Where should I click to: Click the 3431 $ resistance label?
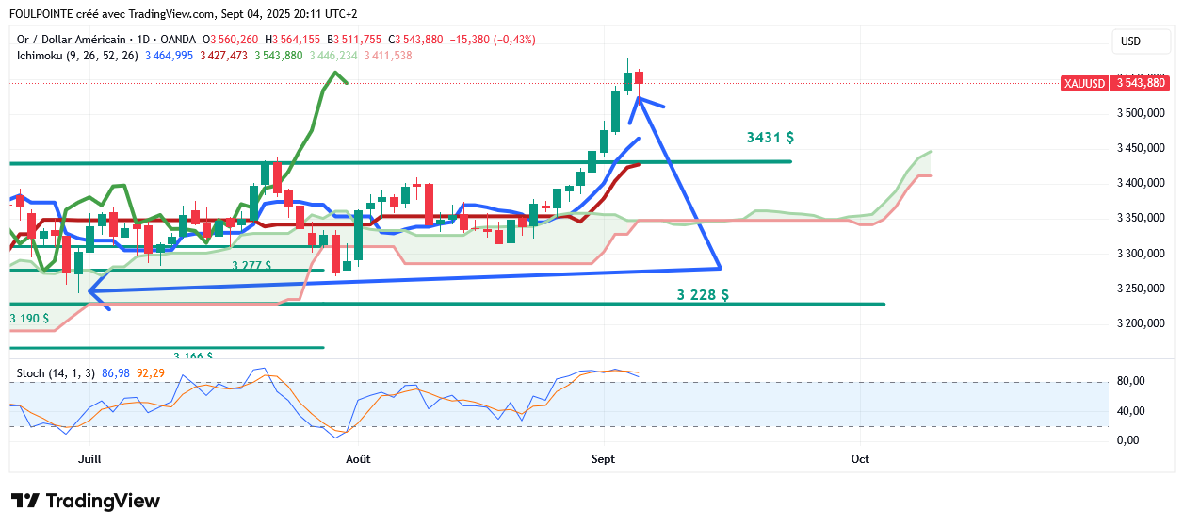(x=770, y=138)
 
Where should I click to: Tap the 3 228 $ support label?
(x=703, y=295)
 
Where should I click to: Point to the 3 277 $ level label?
(x=251, y=266)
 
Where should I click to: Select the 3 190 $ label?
(x=29, y=319)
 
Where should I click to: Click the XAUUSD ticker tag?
(x=1084, y=83)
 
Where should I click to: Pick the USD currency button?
(x=1130, y=41)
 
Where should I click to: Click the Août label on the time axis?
(x=358, y=459)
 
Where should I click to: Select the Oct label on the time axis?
(x=859, y=459)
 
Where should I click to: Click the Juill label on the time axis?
(x=89, y=459)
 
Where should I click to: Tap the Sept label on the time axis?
(x=603, y=459)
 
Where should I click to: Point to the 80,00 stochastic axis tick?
(x=1130, y=381)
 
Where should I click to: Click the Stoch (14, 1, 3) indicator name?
(x=56, y=373)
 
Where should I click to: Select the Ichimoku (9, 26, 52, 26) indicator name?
(x=77, y=56)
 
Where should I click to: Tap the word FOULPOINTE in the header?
(x=44, y=14)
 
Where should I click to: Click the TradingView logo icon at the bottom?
(x=25, y=501)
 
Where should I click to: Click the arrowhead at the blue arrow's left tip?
(x=91, y=291)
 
